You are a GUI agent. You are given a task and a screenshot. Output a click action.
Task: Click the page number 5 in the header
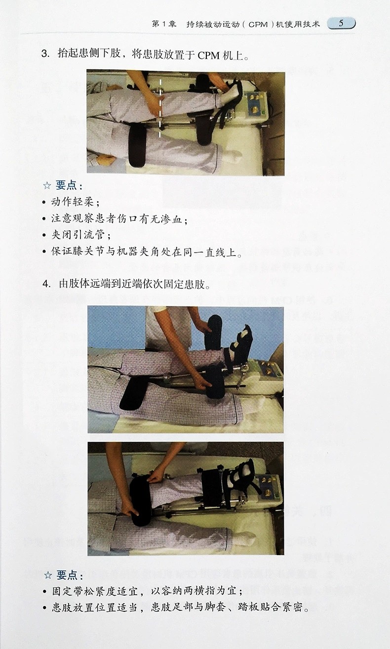tap(341, 23)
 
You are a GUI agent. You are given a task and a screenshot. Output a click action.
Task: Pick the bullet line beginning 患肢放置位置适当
tap(180, 608)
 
